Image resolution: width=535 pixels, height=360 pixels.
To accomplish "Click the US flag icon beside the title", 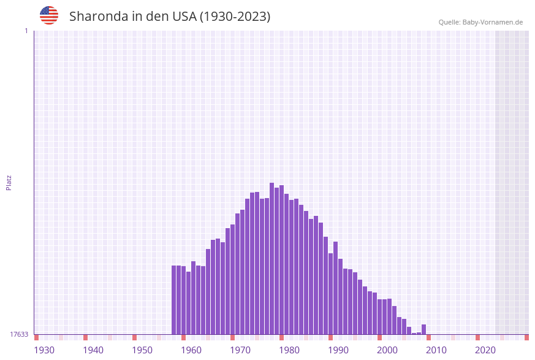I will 49,15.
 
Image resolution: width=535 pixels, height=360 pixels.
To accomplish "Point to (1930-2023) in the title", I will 235,17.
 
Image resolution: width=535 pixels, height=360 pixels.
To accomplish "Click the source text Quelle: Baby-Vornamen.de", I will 480,22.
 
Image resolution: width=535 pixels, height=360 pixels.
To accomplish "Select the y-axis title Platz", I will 9,182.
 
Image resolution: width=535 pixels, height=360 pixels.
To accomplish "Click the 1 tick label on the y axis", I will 26,31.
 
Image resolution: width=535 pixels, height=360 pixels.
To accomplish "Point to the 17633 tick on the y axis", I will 19,334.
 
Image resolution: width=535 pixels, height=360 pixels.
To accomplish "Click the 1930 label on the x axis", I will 44,350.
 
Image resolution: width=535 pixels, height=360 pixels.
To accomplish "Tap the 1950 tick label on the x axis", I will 142,350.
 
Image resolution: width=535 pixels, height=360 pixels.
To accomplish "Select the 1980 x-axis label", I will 289,350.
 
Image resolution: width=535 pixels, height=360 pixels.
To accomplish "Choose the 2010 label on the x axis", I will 436,350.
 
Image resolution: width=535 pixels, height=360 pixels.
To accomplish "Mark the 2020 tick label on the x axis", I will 485,350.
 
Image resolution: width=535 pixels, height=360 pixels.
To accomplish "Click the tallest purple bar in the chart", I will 272,258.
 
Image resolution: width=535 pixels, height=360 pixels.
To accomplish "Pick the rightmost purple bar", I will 424,329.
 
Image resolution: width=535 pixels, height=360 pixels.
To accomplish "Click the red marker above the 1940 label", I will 86,337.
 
